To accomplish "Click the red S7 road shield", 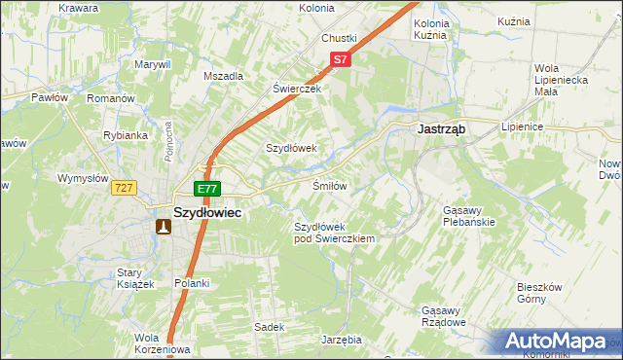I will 339,60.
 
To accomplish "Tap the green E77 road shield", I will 207,189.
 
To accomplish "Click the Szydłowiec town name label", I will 207,210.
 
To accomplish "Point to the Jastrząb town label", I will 444,127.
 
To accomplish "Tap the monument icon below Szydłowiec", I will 164,227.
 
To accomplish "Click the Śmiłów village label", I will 329,185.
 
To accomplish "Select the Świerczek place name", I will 296,88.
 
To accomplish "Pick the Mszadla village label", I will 223,75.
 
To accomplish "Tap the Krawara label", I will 78,8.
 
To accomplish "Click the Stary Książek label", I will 136,278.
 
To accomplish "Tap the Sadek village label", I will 269,327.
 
